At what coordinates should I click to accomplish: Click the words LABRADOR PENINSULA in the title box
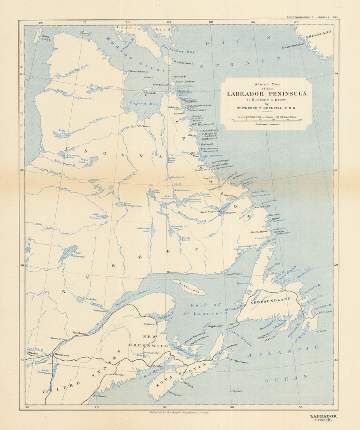tap(267, 94)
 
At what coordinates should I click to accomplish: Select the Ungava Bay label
tap(135, 104)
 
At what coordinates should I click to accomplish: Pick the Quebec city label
tap(78, 333)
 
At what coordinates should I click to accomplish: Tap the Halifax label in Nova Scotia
tap(188, 385)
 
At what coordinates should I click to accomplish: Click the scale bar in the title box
tap(267, 119)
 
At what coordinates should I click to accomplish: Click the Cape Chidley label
tap(185, 82)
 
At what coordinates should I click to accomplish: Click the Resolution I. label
tap(184, 63)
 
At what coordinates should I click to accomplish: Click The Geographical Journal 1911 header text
tap(312, 18)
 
